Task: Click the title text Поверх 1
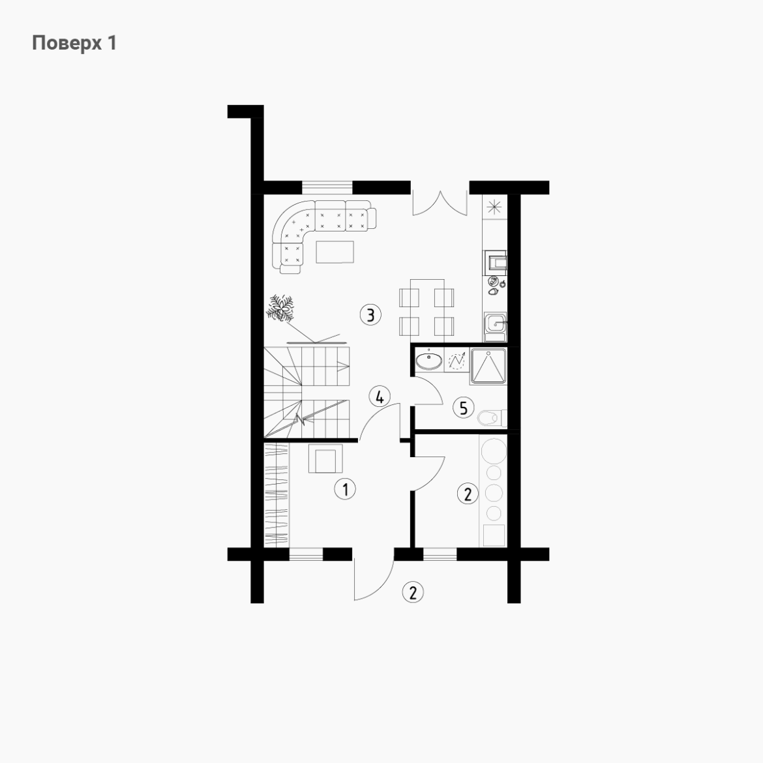(x=74, y=43)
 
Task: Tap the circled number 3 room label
(x=370, y=315)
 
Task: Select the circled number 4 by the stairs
(x=380, y=396)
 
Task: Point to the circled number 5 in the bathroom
(x=463, y=408)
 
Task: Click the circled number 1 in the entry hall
(x=345, y=488)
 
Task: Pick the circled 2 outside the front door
(x=413, y=593)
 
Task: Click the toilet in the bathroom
(x=492, y=417)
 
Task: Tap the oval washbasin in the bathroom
(x=429, y=361)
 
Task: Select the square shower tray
(x=488, y=366)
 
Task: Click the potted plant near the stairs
(x=281, y=308)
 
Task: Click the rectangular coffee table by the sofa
(x=335, y=252)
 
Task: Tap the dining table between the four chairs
(x=426, y=308)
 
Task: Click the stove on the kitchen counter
(x=496, y=260)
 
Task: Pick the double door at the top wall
(x=440, y=203)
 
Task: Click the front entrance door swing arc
(x=383, y=586)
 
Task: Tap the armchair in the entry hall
(x=325, y=458)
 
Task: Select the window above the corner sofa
(x=327, y=187)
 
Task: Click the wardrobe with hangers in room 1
(x=277, y=495)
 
